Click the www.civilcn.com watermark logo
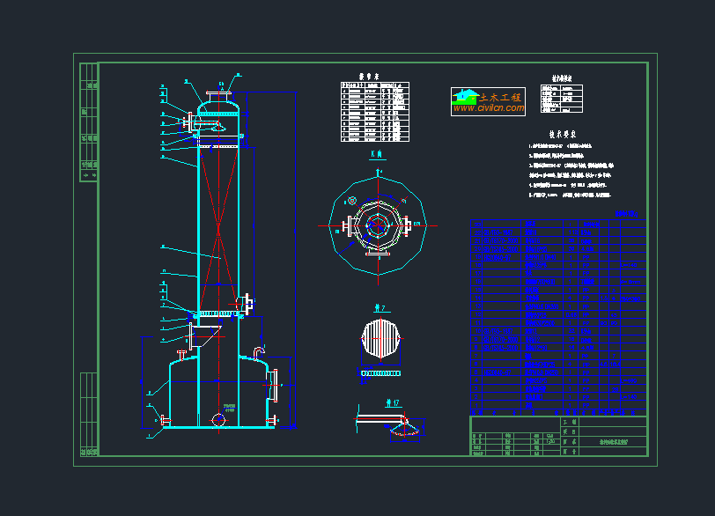click(488, 102)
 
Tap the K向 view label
click(377, 154)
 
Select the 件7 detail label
click(381, 308)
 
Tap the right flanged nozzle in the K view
click(412, 225)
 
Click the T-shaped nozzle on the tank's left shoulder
click(183, 354)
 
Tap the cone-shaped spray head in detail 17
click(404, 430)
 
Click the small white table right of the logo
click(562, 99)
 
